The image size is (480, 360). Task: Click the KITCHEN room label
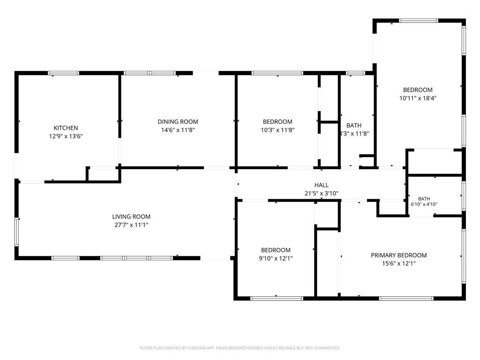pos(66,128)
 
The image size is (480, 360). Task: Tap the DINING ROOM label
pos(178,121)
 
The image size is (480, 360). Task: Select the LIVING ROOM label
pos(131,217)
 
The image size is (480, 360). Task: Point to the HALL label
pos(322,185)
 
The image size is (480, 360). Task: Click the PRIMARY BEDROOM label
pos(399,255)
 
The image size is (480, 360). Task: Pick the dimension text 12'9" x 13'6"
pos(66,136)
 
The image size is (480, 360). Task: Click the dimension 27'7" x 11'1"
pos(131,225)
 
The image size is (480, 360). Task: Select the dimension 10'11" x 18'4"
pos(418,98)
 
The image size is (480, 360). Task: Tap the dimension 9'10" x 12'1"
pos(276,258)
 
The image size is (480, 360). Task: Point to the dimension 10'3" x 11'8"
pos(277,130)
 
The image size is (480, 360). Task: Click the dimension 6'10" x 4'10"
pos(424,204)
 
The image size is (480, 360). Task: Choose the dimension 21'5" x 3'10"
pos(322,194)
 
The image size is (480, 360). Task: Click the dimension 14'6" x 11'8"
pos(178,130)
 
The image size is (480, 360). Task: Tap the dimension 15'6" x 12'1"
pos(399,263)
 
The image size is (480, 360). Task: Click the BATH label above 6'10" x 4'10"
pos(424,199)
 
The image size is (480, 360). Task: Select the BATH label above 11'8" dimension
pos(354,125)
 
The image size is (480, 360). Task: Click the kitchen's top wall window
pos(64,73)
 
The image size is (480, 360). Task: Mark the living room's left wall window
pos(16,232)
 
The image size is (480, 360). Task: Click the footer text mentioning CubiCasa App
pos(240,348)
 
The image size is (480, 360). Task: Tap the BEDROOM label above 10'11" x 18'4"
pos(418,90)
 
